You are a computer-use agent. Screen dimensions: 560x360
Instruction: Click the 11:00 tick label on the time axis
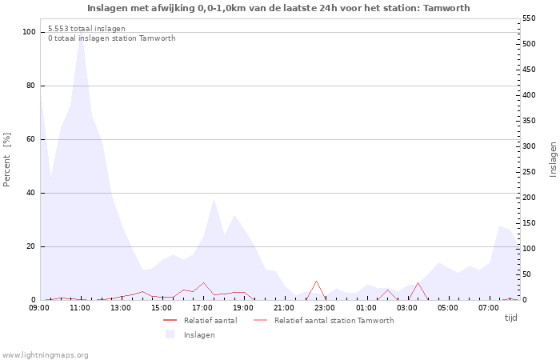(80, 308)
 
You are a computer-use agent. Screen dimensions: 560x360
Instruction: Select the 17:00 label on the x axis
(203, 308)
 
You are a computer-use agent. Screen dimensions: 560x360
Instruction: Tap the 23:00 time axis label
(325, 308)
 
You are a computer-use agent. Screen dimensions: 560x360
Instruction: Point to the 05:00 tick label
(448, 308)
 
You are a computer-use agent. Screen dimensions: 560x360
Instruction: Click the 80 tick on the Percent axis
(31, 86)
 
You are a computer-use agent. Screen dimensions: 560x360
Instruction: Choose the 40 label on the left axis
(31, 193)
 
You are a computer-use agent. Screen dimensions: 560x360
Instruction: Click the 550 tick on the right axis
(529, 18)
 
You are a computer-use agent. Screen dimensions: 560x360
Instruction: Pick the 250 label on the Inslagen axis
(529, 172)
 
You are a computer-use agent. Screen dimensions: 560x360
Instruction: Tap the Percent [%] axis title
(6, 160)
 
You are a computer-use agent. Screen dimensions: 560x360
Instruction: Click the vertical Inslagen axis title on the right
(553, 160)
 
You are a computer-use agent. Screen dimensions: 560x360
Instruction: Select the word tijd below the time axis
(510, 318)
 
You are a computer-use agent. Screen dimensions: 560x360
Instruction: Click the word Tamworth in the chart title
(446, 8)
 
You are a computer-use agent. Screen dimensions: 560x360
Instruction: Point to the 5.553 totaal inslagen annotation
(86, 29)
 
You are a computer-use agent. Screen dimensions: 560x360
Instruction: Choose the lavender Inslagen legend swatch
(170, 334)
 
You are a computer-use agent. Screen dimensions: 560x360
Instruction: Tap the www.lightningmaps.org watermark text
(45, 355)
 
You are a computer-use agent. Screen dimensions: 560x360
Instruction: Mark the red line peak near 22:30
(317, 281)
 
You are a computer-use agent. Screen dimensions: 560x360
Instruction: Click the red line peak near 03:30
(418, 282)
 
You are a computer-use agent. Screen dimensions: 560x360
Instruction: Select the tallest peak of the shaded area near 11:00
(81, 30)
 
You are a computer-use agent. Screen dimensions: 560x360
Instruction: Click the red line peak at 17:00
(203, 283)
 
